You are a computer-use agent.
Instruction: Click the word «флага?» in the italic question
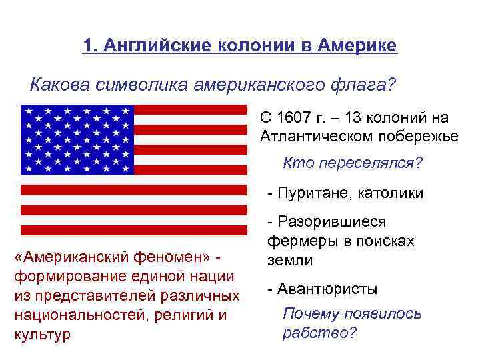[x=365, y=85]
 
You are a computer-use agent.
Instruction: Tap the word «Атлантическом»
[x=315, y=137]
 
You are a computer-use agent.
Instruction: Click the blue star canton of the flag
[x=77, y=139]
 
